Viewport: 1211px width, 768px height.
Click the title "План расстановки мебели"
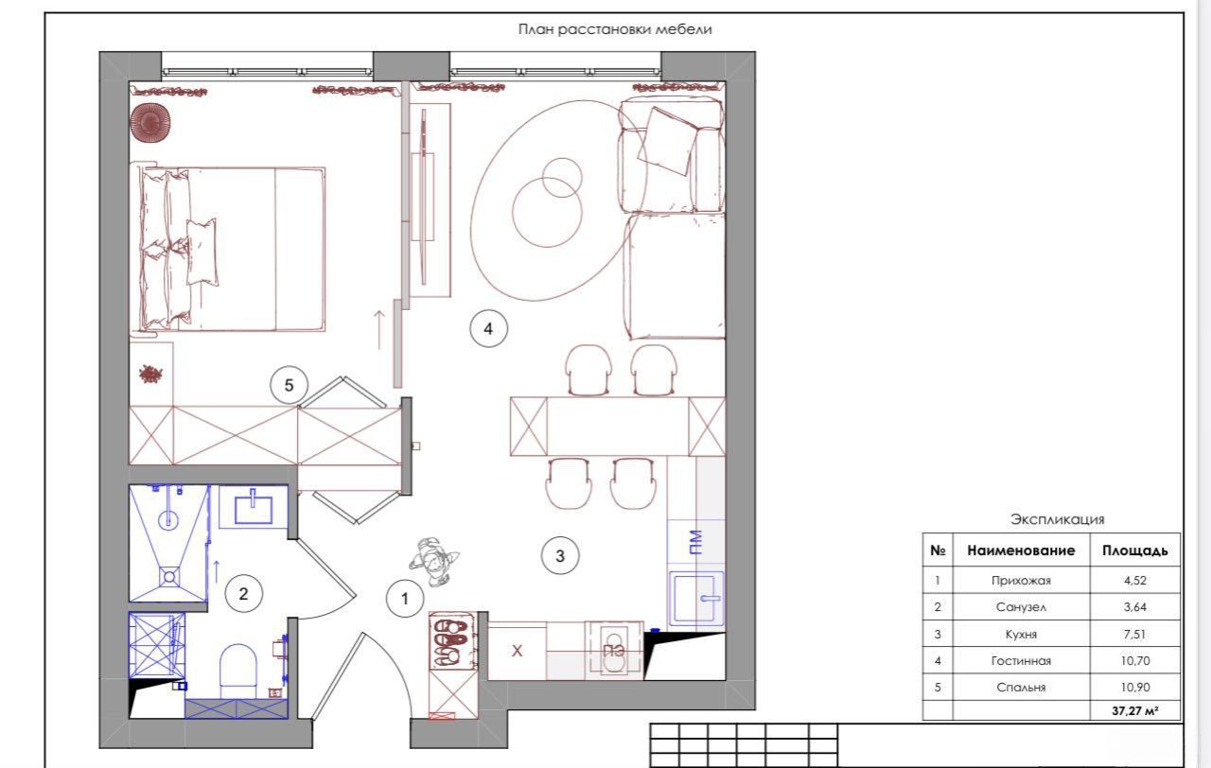tap(615, 29)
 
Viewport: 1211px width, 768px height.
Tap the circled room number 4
tap(488, 328)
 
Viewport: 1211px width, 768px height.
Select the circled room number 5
tap(289, 385)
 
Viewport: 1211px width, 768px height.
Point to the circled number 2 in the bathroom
tap(243, 594)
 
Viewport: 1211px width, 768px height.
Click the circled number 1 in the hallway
tap(405, 599)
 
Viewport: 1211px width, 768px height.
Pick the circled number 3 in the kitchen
tap(560, 555)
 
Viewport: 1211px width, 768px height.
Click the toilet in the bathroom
tap(237, 672)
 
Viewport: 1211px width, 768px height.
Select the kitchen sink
tap(696, 597)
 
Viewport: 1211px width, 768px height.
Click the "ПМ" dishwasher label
tap(696, 542)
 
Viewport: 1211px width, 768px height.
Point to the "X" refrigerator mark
tap(517, 651)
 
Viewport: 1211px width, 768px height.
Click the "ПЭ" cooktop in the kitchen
tap(614, 650)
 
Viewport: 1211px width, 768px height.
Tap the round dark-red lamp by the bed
tap(150, 123)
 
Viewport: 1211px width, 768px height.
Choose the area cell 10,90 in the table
tap(1134, 687)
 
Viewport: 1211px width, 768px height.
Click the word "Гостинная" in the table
tap(1021, 660)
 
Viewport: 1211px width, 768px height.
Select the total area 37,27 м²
tap(1134, 710)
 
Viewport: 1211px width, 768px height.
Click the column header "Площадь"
tap(1134, 550)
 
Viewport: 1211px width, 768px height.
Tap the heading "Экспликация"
tap(1058, 519)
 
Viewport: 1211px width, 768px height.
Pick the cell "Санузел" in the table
tap(1021, 607)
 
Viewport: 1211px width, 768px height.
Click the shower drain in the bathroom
tap(169, 577)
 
